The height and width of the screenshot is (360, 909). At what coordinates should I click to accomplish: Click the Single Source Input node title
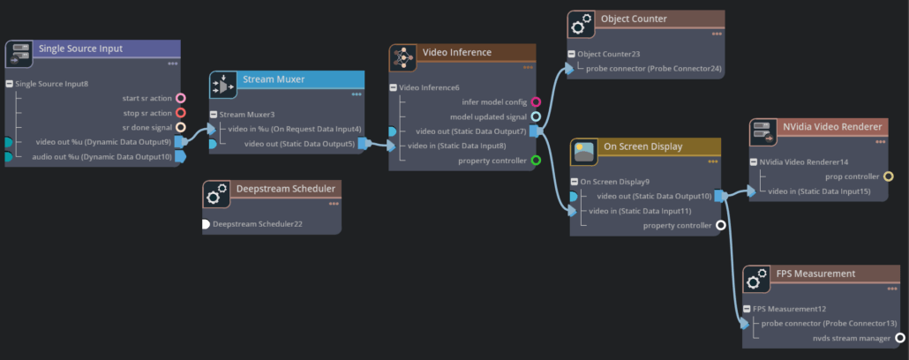(x=81, y=49)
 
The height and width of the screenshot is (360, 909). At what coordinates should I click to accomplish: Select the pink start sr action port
(x=181, y=98)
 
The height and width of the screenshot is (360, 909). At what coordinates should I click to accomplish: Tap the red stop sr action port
(x=181, y=113)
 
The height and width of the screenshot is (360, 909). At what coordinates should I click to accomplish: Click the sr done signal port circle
(x=181, y=127)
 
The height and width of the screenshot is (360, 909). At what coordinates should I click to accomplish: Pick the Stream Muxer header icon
(x=223, y=85)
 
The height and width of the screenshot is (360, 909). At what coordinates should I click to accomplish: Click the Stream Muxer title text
(x=274, y=79)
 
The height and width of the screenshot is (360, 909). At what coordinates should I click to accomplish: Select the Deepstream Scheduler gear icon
(x=216, y=194)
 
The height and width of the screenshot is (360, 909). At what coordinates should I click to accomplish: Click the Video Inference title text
(x=456, y=53)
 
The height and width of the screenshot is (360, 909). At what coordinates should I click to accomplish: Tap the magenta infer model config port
(x=536, y=102)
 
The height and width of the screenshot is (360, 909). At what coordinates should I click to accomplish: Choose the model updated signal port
(x=536, y=116)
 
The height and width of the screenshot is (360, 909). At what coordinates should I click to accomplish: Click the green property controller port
(x=536, y=161)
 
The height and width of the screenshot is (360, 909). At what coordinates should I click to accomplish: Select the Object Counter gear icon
(x=580, y=24)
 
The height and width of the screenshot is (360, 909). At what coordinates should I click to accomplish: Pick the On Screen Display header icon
(x=583, y=153)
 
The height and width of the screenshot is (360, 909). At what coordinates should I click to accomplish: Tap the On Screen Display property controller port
(x=721, y=225)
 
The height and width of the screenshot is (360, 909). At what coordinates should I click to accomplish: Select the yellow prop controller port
(x=889, y=176)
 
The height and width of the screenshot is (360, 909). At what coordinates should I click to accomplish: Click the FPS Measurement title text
(x=815, y=274)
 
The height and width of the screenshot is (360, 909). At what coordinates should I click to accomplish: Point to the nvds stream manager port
(x=900, y=337)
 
